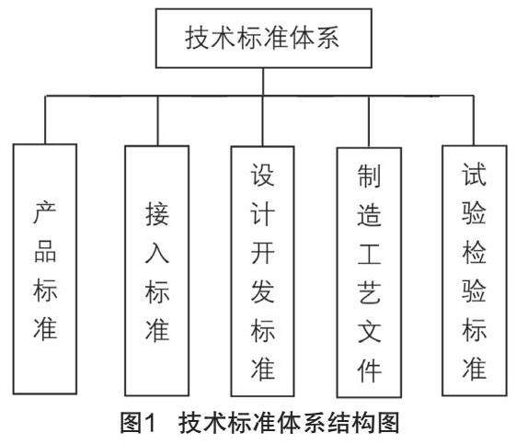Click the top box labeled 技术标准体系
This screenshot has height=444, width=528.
click(x=264, y=39)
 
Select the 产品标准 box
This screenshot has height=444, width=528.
click(x=45, y=269)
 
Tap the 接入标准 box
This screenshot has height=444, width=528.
click(x=157, y=270)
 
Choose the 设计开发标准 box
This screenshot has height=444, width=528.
click(x=263, y=271)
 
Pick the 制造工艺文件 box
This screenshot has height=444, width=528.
click(x=369, y=273)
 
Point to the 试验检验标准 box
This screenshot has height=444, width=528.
click(x=475, y=270)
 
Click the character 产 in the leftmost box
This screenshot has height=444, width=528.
click(x=45, y=212)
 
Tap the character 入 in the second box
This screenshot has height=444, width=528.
click(x=157, y=253)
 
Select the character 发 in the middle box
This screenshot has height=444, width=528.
click(x=263, y=291)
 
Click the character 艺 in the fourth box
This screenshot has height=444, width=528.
click(x=370, y=292)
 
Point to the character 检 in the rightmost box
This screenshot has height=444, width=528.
click(x=474, y=253)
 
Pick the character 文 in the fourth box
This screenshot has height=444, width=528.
click(x=370, y=332)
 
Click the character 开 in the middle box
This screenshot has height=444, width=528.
click(x=263, y=253)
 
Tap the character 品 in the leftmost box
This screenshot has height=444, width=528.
click(x=45, y=252)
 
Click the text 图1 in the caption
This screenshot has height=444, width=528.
click(x=139, y=423)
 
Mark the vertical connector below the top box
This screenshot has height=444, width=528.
click(x=263, y=82)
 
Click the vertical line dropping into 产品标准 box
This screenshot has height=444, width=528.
click(x=45, y=120)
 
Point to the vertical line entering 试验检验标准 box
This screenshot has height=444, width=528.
click(x=474, y=120)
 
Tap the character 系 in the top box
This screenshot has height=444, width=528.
click(x=327, y=38)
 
